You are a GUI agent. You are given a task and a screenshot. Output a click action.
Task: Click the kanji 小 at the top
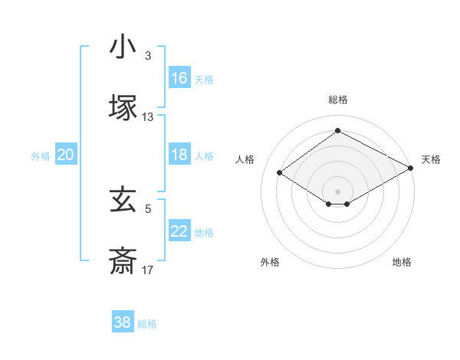point(123,47)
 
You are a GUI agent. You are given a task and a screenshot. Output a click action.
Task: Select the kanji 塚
point(123,108)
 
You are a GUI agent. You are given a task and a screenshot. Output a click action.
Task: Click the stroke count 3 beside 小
point(148,56)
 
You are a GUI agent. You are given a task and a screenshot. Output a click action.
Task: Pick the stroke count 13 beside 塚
point(148,117)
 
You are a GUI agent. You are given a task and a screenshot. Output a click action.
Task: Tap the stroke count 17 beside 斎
point(148,270)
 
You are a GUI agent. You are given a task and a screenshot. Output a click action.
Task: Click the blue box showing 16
point(179,78)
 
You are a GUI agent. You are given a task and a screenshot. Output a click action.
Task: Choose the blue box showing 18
point(179,155)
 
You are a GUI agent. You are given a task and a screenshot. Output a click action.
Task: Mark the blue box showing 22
point(179,231)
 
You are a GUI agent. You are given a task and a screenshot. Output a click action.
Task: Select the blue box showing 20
point(66,155)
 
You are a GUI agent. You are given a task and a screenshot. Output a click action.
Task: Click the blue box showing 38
point(123,322)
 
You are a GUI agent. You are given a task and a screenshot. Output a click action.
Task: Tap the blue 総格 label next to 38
point(147,324)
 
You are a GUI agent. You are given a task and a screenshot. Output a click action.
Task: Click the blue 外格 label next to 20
point(41,156)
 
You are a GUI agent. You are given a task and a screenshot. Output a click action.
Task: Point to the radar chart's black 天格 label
point(431,159)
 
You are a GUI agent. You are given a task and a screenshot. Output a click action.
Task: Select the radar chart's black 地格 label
point(402,262)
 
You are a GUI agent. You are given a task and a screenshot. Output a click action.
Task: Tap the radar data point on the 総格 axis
point(337,131)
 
